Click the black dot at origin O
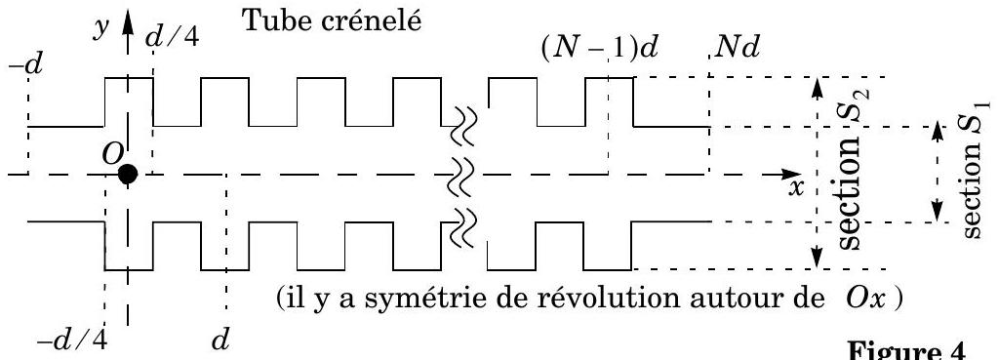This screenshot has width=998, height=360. (x=128, y=174)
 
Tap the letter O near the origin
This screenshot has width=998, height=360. (x=111, y=154)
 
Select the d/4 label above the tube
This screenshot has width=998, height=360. (x=172, y=37)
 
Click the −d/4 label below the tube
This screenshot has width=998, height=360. (x=72, y=341)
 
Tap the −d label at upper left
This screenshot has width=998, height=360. (x=25, y=64)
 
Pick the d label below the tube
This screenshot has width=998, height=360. (x=220, y=340)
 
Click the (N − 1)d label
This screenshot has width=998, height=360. (x=598, y=49)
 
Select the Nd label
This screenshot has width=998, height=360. (x=737, y=49)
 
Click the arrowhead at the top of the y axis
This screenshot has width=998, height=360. (x=128, y=21)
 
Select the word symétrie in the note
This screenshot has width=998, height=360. (x=400, y=298)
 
